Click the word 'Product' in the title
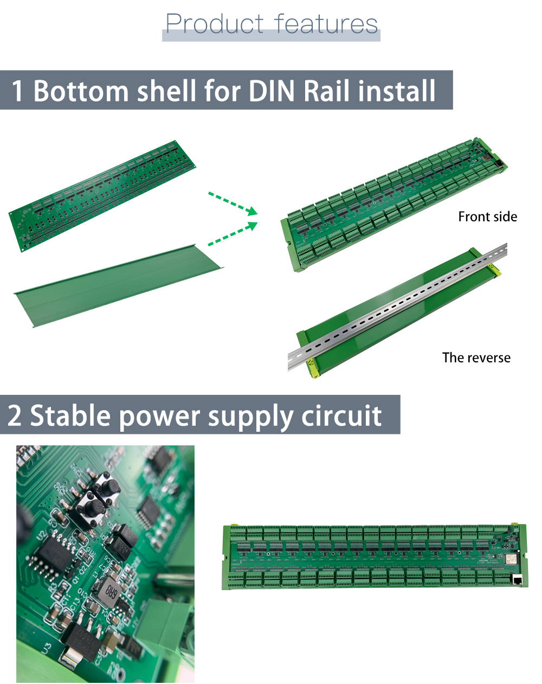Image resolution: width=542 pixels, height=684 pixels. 214,24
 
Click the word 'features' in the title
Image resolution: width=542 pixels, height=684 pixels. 326,24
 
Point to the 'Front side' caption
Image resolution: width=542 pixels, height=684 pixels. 487,217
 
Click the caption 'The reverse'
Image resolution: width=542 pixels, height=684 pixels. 476,358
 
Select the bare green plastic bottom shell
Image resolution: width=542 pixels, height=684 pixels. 117,286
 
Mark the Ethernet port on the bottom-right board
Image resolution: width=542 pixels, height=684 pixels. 517,579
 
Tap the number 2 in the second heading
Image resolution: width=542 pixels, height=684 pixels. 15,416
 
